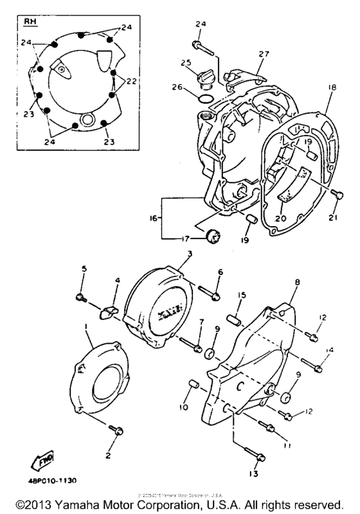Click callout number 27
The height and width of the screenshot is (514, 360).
tap(263, 55)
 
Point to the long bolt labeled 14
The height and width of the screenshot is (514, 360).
tap(316, 367)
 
